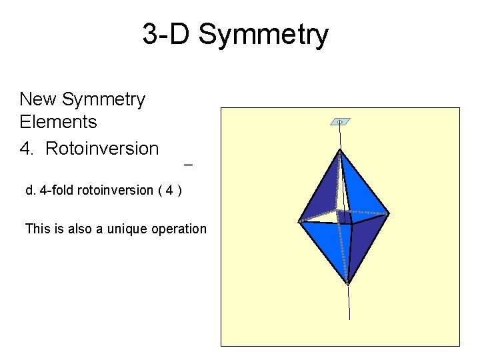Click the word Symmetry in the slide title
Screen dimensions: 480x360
263,35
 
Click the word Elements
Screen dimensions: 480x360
59,122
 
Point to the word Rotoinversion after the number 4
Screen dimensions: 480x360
102,149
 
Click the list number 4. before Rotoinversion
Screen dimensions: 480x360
27,149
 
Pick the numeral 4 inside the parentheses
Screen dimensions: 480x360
170,190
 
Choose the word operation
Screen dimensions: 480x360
179,229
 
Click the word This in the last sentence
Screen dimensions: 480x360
37,229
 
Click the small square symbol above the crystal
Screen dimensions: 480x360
340,122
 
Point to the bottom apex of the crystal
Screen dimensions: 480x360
347,283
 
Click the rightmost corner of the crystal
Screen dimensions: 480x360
389,213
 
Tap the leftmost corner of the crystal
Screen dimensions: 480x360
299,221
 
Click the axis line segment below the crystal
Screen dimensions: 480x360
349,303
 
